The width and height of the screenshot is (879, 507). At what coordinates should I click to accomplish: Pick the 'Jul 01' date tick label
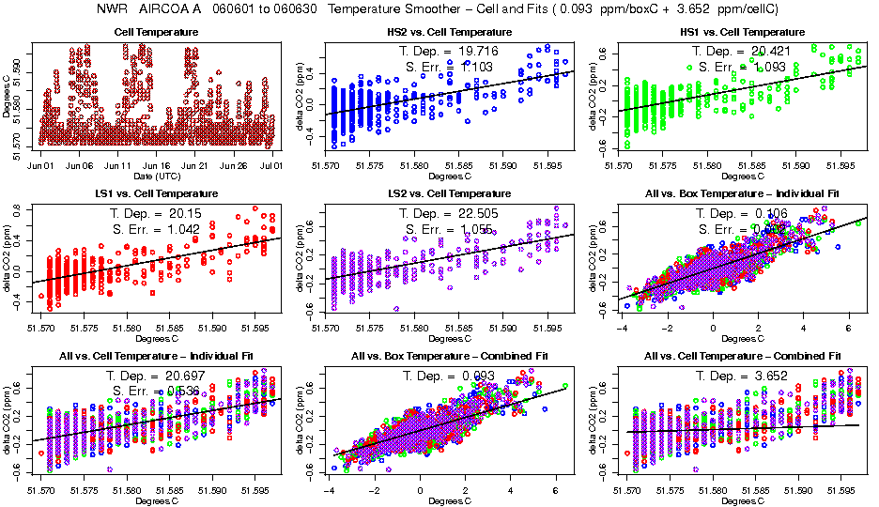[272, 165]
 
